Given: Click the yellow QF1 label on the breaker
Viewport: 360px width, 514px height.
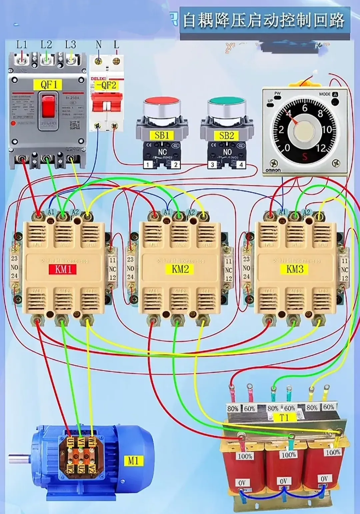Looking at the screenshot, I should point(49,85).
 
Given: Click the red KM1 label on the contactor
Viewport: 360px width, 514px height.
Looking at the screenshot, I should point(63,269).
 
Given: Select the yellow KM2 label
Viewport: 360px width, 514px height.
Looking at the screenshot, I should point(180,269).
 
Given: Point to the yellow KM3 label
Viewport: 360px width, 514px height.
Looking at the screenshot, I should point(295,269).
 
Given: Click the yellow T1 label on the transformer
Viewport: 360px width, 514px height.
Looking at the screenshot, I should point(284,417).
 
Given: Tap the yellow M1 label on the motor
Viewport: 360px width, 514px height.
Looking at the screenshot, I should point(133,461).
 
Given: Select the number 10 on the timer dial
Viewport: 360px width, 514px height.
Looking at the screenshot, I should point(327,129).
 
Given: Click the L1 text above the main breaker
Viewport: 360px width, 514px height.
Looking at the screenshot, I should point(22,45).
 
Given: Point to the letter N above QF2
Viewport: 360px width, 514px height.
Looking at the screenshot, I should point(99,44).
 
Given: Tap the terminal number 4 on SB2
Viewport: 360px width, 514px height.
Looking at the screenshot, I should point(241,164).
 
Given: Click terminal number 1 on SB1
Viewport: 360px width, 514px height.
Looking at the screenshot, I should point(148,164).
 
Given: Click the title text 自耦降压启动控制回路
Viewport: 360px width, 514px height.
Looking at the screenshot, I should point(264,20).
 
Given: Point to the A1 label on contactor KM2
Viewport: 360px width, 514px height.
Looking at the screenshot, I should point(167,212).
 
